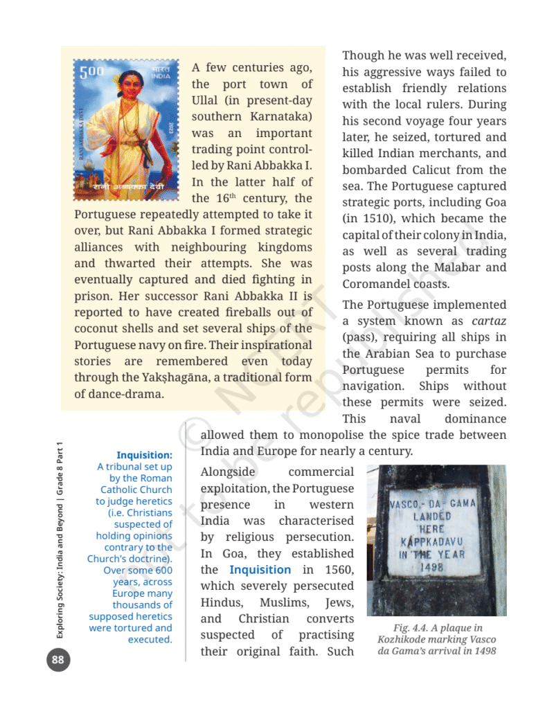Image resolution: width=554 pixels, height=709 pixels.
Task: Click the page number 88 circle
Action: click(57, 660)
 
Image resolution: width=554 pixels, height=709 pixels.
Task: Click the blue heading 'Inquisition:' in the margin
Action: click(144, 456)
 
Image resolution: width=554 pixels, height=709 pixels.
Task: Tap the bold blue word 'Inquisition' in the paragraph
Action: click(260, 570)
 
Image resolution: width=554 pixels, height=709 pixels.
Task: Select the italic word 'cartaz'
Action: click(489, 321)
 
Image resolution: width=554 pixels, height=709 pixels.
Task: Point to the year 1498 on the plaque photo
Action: click(433, 567)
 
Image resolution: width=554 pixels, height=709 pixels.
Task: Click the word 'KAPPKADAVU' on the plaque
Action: click(433, 541)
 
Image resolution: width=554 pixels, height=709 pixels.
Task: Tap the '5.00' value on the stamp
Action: click(88, 72)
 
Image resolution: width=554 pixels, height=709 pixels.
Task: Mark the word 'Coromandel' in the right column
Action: click(375, 284)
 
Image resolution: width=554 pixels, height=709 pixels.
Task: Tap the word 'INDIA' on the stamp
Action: click(161, 76)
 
